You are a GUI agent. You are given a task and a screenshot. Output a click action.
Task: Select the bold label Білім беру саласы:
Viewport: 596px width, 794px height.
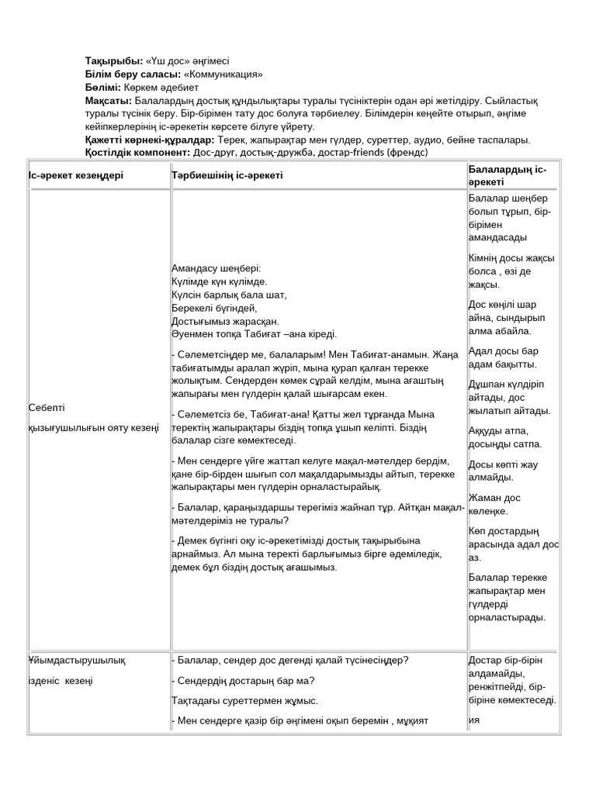(x=132, y=74)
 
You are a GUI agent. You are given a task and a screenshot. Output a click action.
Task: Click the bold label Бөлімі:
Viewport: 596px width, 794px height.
(x=102, y=87)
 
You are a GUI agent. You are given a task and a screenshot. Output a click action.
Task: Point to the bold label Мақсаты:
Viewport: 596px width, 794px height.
(x=109, y=101)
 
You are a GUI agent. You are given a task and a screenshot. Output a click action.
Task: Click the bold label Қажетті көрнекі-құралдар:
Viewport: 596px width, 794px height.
(x=149, y=140)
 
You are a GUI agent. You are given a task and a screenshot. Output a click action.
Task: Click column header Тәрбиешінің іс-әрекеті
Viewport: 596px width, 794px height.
(x=227, y=175)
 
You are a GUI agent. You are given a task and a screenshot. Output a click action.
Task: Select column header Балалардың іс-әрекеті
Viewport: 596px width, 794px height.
(x=508, y=175)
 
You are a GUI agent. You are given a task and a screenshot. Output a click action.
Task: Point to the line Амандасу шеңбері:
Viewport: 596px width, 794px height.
(x=217, y=268)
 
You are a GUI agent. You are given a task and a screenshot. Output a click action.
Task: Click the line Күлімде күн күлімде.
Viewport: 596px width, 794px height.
(x=220, y=281)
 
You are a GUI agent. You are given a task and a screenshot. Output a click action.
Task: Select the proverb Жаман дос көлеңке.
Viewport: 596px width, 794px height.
(x=494, y=504)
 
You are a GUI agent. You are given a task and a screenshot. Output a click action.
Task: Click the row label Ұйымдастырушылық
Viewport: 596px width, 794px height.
(x=76, y=661)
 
